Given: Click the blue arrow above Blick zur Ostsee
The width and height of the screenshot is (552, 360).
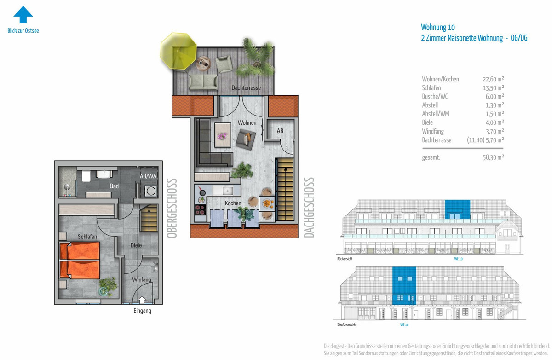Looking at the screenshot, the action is click(23, 15).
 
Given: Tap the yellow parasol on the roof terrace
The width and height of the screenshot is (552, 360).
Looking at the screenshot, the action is click(178, 51).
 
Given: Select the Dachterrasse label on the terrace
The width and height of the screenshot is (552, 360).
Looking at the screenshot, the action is click(246, 87).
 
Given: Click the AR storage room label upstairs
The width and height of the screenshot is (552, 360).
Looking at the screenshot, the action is click(280, 131).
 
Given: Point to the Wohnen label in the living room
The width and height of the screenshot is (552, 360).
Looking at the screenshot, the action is click(247, 122).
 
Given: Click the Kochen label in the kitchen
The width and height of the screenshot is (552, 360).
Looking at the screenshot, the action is click(233, 203).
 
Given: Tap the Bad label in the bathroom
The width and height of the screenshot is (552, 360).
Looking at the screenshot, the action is click(114, 186).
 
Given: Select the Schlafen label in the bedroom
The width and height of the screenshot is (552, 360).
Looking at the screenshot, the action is click(87, 237).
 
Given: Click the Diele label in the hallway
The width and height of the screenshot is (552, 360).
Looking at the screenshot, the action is click(136, 245).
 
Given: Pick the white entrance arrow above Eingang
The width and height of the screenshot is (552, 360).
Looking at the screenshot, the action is click(142, 300).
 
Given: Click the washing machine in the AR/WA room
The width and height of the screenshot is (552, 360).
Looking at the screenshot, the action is click(150, 191).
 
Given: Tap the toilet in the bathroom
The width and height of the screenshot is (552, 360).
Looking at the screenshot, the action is click(86, 176).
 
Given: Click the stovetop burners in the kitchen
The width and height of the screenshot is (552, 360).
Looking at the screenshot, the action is click(201, 210).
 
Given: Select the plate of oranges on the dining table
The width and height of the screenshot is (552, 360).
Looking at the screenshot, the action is click(267, 203).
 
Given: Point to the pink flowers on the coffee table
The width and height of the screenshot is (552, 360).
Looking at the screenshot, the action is click(222, 136).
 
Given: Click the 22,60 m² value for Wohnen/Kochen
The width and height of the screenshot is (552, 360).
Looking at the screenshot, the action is click(493, 79).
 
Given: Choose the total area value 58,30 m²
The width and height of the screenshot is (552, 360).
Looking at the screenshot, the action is click(493, 157).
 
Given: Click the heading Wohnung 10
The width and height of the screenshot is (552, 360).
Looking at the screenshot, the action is click(438, 27).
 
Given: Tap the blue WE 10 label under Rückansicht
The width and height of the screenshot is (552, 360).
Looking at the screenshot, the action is click(458, 259).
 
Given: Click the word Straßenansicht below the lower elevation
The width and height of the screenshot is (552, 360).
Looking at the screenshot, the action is click(347, 325).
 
